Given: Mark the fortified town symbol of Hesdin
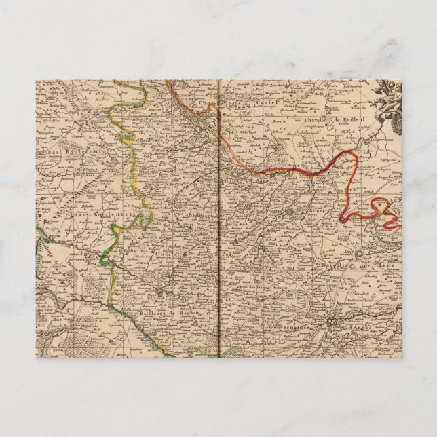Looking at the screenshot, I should (x=160, y=293).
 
